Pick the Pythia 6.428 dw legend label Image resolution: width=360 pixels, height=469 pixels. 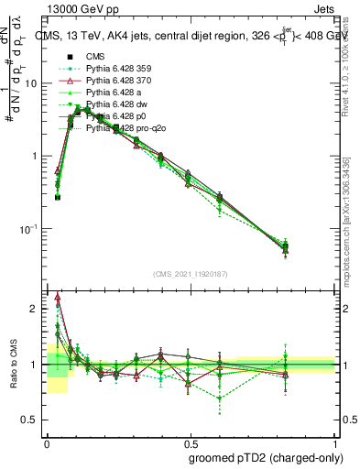coord(115,105)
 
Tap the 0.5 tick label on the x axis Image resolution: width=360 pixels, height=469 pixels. coord(191,441)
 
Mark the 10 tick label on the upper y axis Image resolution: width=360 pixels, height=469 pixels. coord(31,83)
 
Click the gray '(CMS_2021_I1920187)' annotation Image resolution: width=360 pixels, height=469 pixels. coord(191,274)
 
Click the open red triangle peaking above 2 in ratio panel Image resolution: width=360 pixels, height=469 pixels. coord(59,297)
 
